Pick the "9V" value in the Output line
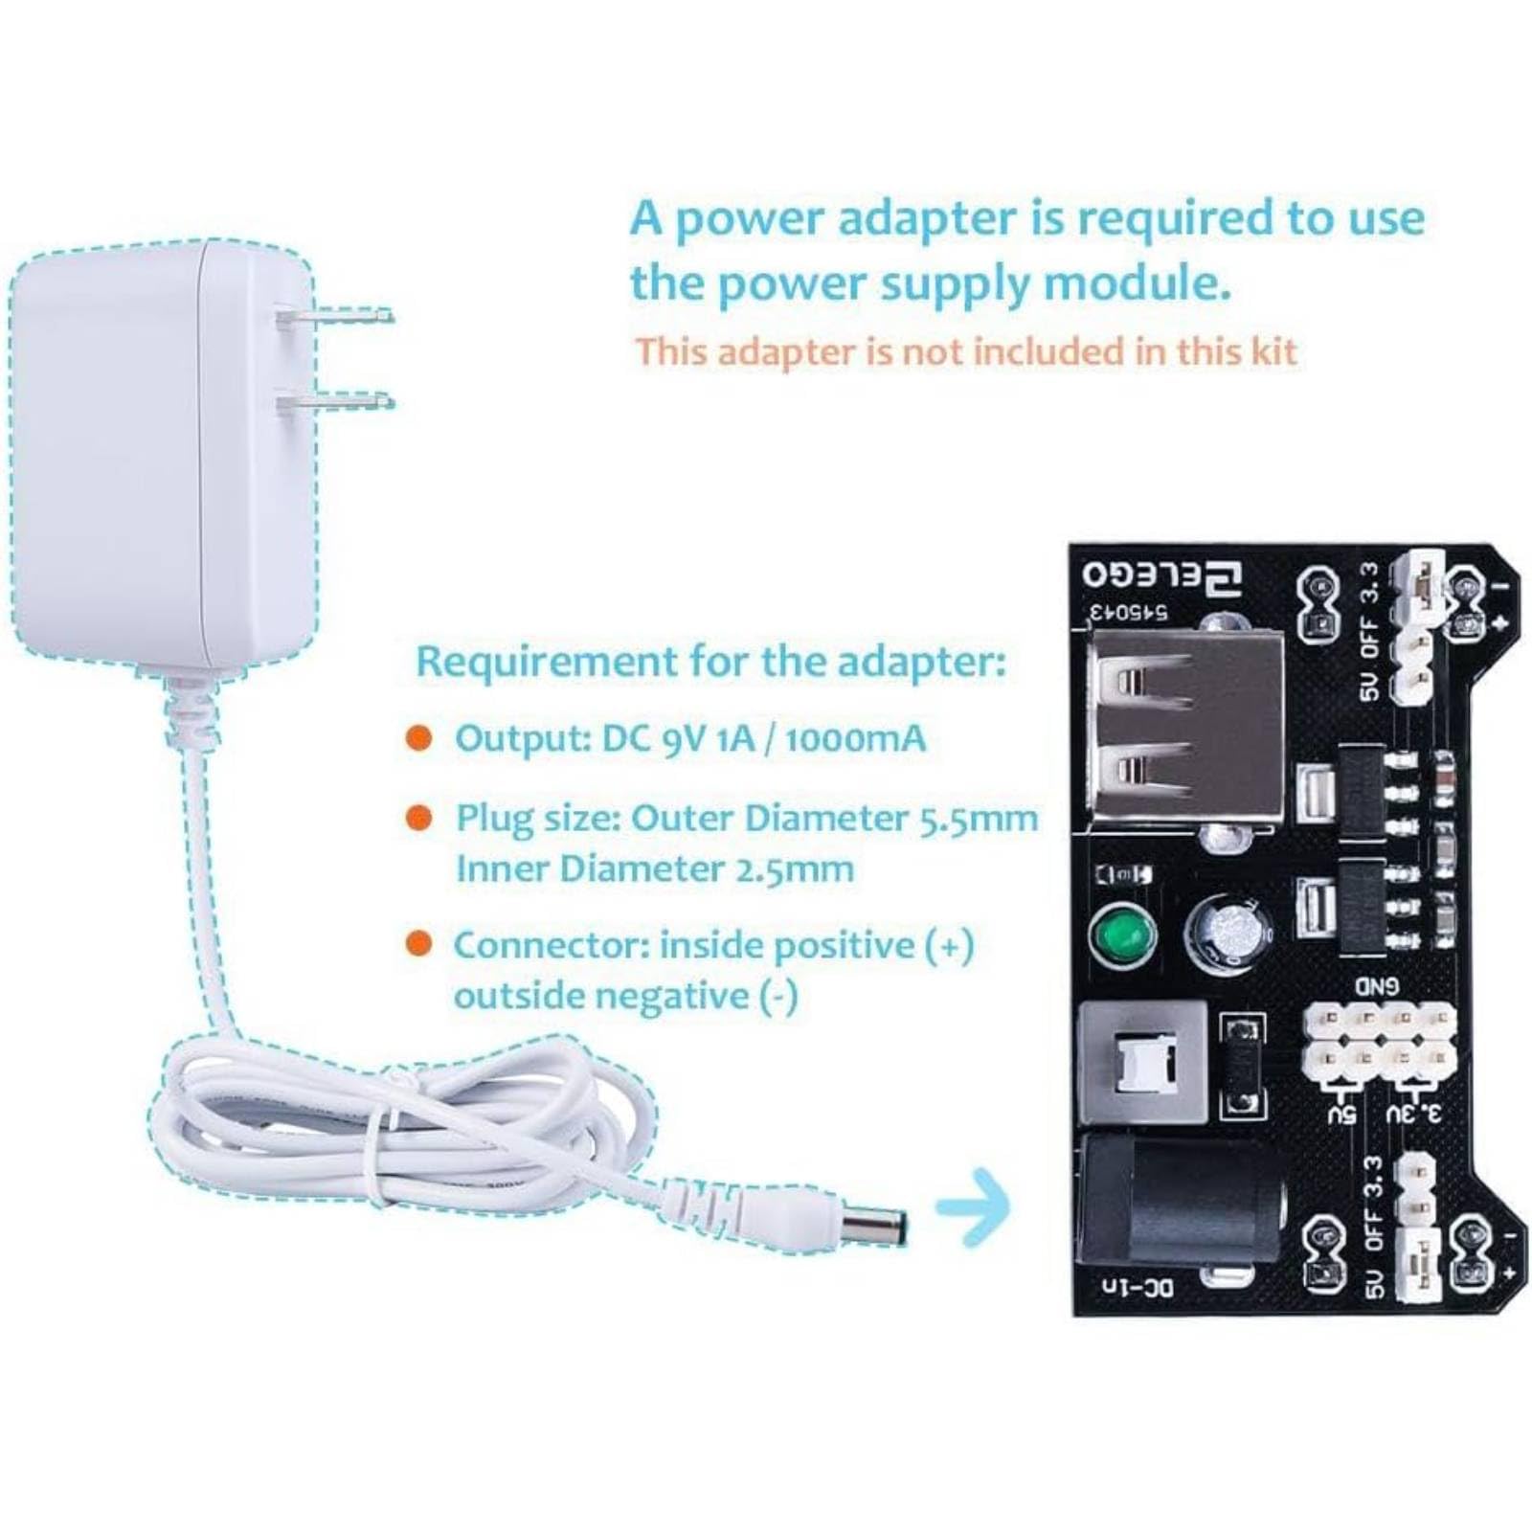point(686,739)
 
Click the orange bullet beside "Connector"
point(418,943)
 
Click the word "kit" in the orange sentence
point(1270,351)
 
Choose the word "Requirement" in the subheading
point(547,662)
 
